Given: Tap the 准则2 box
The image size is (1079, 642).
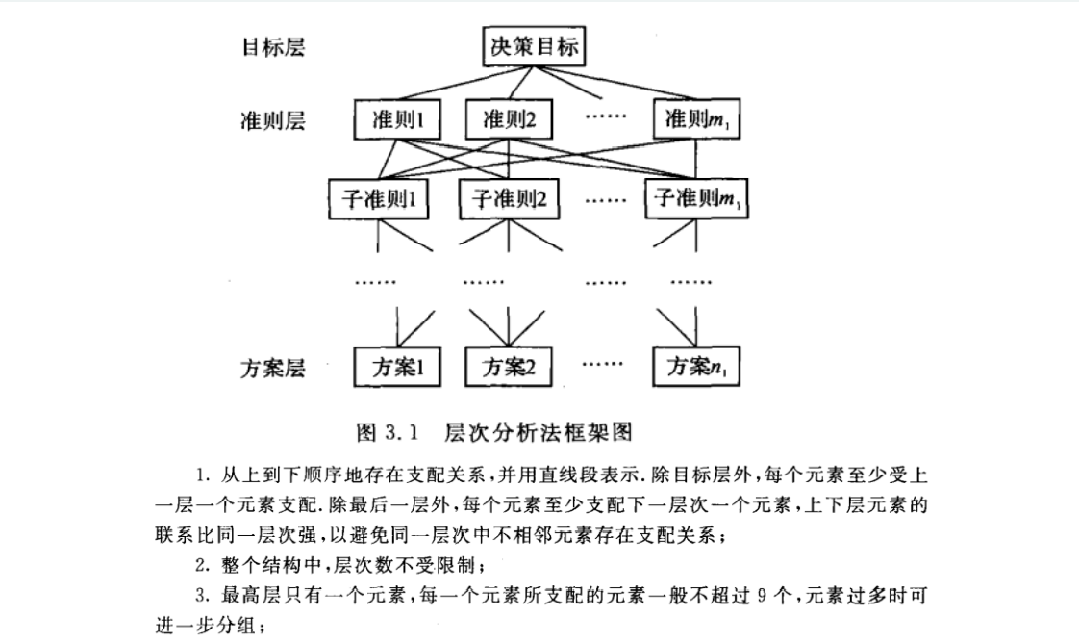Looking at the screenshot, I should (x=511, y=119).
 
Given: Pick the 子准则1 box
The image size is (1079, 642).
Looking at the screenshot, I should (x=378, y=199).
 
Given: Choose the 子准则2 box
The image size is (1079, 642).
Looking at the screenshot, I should (x=507, y=199).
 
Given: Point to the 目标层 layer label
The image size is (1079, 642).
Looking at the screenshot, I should (x=272, y=46).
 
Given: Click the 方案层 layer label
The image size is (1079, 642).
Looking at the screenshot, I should (x=272, y=368).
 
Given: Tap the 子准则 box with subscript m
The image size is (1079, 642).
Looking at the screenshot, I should (x=695, y=199).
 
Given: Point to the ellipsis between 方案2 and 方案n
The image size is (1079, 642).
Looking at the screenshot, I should (x=604, y=365).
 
